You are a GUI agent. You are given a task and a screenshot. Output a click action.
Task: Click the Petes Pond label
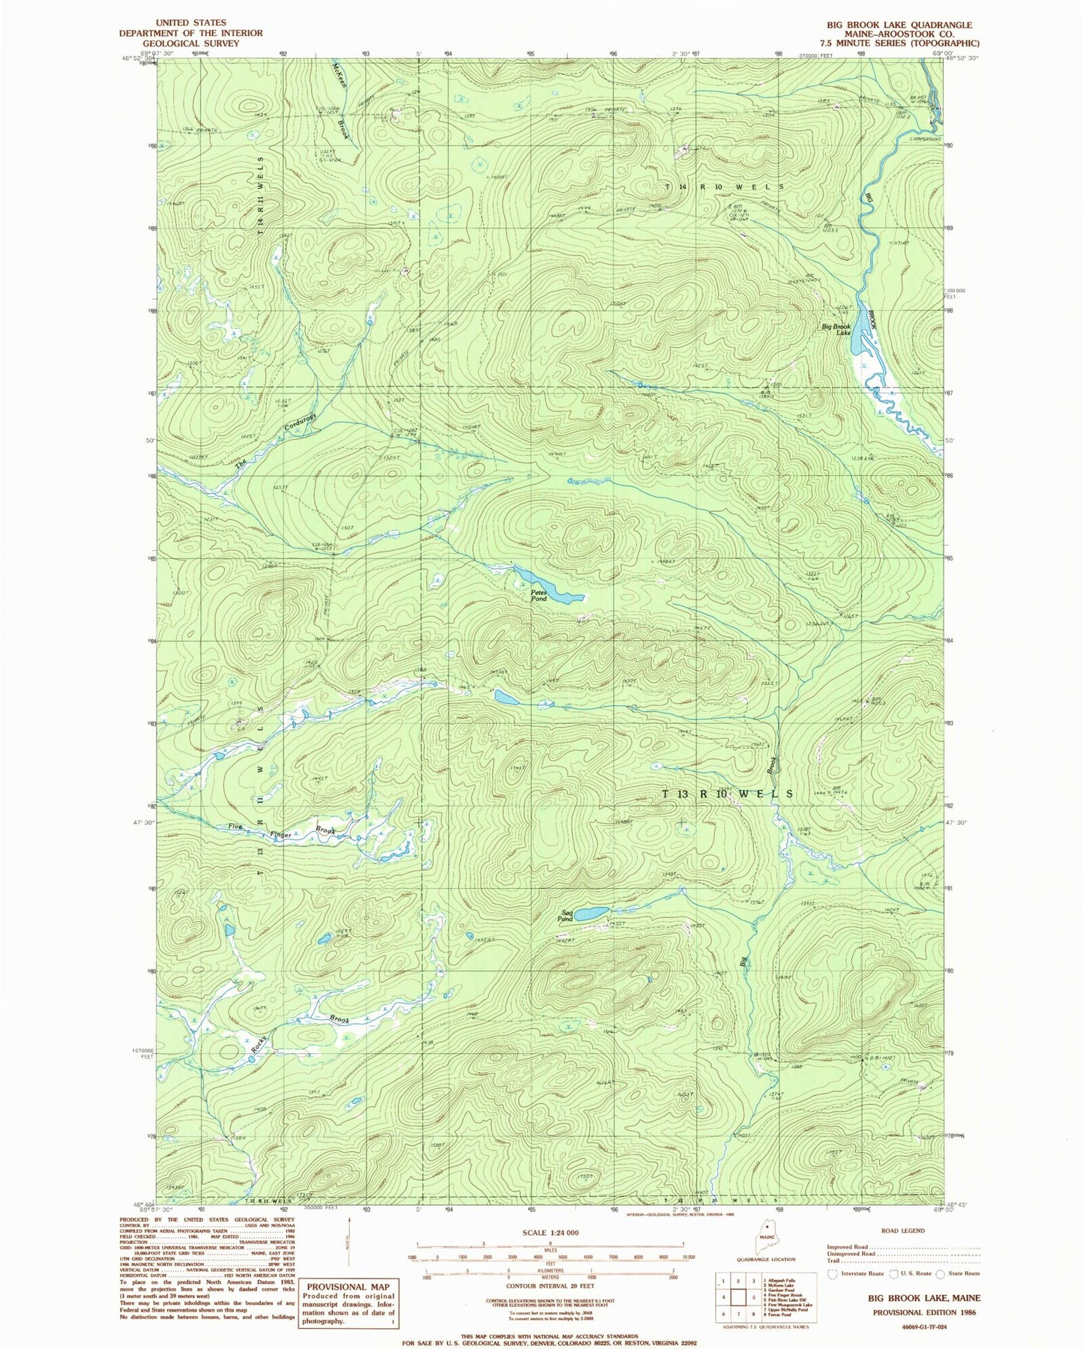pos(539,595)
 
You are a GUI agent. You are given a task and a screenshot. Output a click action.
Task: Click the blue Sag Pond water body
pos(596,912)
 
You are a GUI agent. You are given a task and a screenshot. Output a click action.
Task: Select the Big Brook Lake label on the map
pos(836,329)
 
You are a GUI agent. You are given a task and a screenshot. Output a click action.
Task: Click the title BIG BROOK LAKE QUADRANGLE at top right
pos(900,25)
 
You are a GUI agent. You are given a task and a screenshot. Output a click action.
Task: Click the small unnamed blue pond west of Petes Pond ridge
pos(505,698)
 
